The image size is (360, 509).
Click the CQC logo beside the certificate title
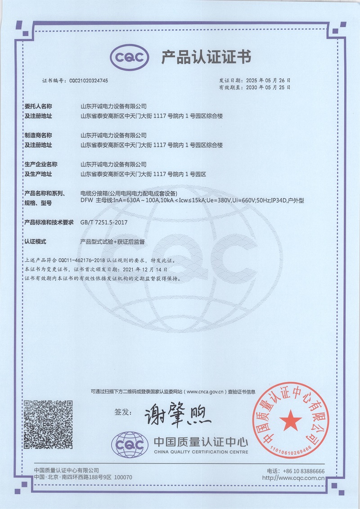tap(129, 57)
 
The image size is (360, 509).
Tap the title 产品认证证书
tap(206, 57)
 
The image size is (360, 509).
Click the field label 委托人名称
tap(38, 107)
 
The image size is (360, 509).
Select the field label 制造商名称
tap(38, 135)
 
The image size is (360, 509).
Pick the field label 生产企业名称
tap(41, 164)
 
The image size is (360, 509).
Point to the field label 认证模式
tap(36, 242)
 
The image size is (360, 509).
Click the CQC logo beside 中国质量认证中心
tap(130, 445)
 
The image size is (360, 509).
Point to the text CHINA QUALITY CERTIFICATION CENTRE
tap(201, 451)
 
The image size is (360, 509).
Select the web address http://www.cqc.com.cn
tap(293, 477)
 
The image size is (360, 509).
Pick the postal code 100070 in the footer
tap(124, 477)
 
